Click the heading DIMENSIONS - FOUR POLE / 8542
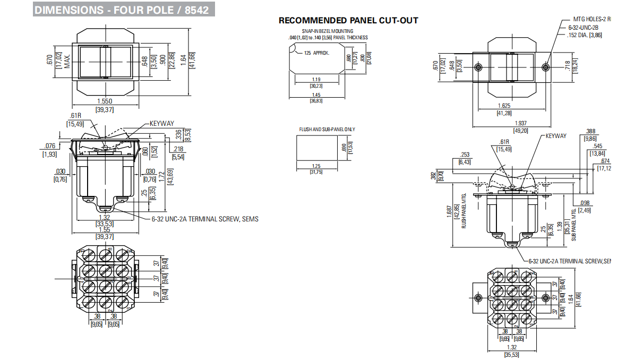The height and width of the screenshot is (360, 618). click(122, 10)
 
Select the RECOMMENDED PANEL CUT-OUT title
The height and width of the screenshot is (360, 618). click(348, 21)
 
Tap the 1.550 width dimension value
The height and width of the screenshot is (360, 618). click(104, 101)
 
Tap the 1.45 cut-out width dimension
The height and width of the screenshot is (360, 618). click(316, 95)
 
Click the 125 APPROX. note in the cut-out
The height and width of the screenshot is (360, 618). click(317, 53)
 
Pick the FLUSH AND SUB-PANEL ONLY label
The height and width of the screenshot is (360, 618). click(327, 129)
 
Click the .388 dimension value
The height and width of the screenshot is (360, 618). click(590, 131)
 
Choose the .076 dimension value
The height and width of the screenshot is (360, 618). click(49, 146)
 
